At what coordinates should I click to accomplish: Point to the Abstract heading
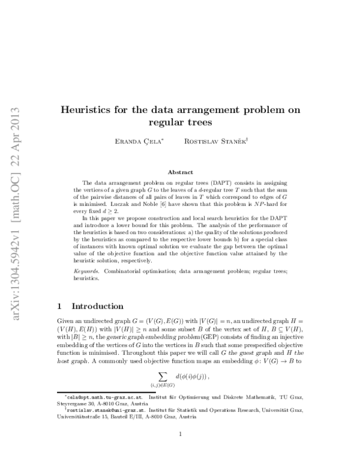click(180, 171)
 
